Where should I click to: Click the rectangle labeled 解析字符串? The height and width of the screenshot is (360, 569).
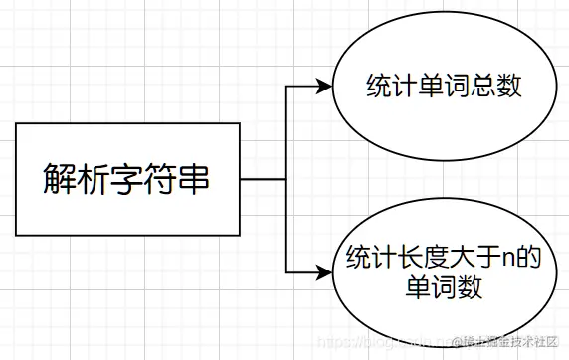127,179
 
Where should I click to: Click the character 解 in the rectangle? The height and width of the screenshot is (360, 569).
60,180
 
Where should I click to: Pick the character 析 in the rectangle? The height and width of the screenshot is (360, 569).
94,180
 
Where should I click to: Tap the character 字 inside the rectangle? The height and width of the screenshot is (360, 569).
127,180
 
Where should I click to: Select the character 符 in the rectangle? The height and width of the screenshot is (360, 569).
161,180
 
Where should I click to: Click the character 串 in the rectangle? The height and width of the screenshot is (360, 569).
196,180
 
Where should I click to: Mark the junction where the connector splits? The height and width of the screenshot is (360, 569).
285,179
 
